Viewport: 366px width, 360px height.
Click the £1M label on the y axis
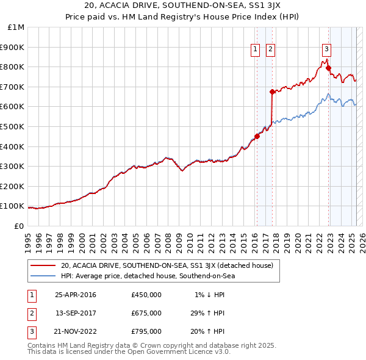pyautogui.click(x=16, y=27)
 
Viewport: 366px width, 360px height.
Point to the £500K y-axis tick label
pyautogui.click(x=13, y=126)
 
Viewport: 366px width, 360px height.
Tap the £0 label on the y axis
pyautogui.click(x=20, y=226)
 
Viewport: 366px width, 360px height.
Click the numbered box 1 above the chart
pyautogui.click(x=255, y=51)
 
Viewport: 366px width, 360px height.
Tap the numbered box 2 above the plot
pyautogui.click(x=270, y=51)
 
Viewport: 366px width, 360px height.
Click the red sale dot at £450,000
pyautogui.click(x=257, y=137)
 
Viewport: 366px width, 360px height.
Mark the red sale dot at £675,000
pyautogui.click(x=272, y=92)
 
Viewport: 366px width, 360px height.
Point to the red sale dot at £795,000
pyautogui.click(x=328, y=68)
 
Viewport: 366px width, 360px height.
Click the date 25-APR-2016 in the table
pyautogui.click(x=76, y=295)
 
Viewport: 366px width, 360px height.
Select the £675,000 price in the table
pyautogui.click(x=146, y=313)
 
